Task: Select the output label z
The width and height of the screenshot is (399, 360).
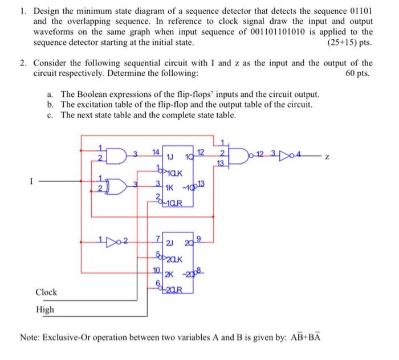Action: [327, 155]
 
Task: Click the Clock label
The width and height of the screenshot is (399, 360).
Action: [46, 292]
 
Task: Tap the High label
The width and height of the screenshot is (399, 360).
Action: [45, 309]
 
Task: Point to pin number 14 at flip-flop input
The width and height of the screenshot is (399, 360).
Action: [156, 152]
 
